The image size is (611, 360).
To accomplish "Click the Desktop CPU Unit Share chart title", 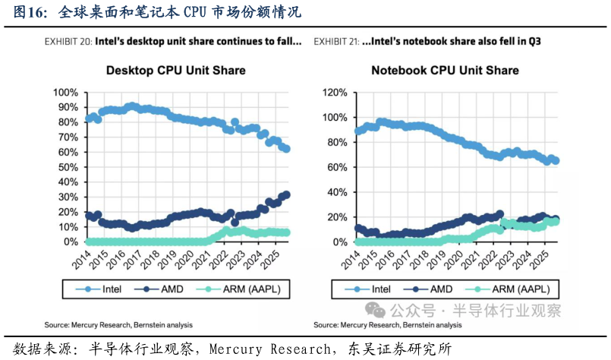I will [175, 71].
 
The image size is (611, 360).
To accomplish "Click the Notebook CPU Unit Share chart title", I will [445, 71].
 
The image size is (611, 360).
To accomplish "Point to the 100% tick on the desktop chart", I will [65, 93].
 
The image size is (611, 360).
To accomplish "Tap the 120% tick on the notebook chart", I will [335, 93].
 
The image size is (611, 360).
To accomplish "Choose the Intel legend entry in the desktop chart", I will [102, 289].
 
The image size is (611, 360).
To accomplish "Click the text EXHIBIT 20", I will [68, 41].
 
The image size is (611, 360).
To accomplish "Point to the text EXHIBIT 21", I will [336, 41].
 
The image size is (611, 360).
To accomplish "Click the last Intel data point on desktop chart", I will [286, 149].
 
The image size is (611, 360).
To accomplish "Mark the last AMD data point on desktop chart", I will [286, 194].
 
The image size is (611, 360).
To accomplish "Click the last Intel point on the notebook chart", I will [556, 161].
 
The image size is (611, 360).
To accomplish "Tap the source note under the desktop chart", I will [118, 325].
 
